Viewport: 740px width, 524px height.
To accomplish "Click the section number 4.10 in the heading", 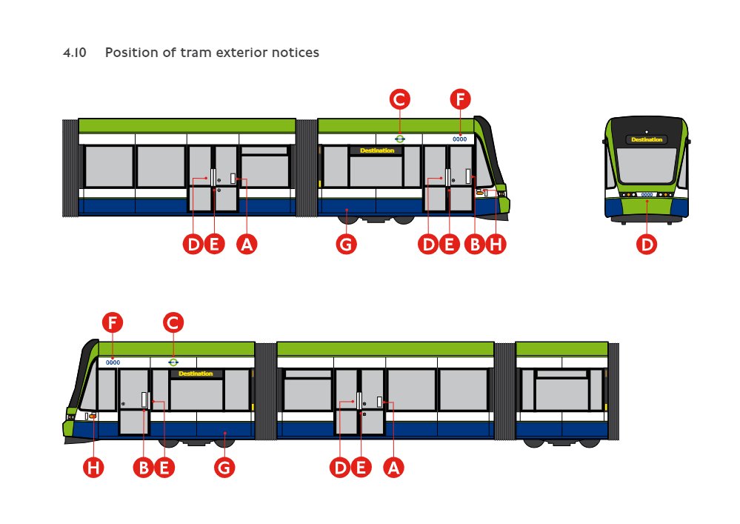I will pyautogui.click(x=75, y=53).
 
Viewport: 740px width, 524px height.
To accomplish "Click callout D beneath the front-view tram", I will pyautogui.click(x=647, y=244).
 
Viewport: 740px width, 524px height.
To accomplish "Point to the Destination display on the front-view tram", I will pyautogui.click(x=647, y=139).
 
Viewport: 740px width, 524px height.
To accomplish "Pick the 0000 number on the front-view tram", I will pyautogui.click(x=647, y=195).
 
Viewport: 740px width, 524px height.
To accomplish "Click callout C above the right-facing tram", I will pyautogui.click(x=400, y=99).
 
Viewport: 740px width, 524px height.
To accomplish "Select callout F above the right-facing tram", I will pyautogui.click(x=460, y=99).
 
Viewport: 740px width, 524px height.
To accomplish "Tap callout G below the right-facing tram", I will pyautogui.click(x=346, y=244).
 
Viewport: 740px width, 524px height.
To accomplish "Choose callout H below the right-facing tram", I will pyautogui.click(x=496, y=244).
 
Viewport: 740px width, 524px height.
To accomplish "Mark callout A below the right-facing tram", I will pyautogui.click(x=247, y=244).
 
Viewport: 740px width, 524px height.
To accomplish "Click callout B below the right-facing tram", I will pyautogui.click(x=474, y=244).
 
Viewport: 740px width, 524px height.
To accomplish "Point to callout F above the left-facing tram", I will pyautogui.click(x=113, y=322).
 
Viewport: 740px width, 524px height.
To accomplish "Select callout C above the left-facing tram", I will pyautogui.click(x=173, y=322).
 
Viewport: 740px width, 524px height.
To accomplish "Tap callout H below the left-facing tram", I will pyautogui.click(x=93, y=467).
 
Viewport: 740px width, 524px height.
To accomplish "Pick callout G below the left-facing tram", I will pyautogui.click(x=224, y=467).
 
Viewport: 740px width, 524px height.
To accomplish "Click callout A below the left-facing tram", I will pyautogui.click(x=393, y=467).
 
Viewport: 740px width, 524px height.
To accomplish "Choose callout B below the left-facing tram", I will pyautogui.click(x=144, y=467).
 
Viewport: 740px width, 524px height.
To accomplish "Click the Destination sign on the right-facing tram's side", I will pyautogui.click(x=376, y=150).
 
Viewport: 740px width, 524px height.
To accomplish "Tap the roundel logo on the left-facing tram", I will pyautogui.click(x=173, y=362).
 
